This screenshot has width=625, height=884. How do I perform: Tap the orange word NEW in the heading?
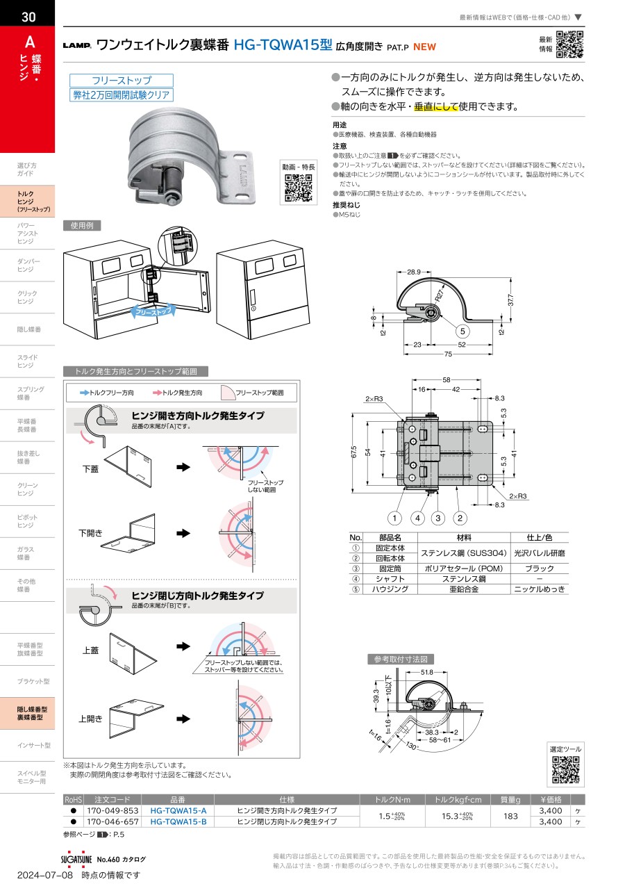tap(424, 47)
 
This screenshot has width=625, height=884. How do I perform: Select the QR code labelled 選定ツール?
tap(565, 770)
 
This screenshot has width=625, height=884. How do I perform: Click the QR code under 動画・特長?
tap(299, 188)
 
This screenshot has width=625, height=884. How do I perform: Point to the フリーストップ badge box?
tap(122, 81)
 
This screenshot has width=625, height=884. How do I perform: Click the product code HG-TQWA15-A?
tap(178, 811)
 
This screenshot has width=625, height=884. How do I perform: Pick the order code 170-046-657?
tap(112, 821)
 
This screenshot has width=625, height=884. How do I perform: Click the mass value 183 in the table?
tap(510, 817)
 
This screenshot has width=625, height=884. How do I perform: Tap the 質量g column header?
tap(510, 800)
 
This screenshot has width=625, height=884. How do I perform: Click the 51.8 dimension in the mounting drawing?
tap(426, 672)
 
